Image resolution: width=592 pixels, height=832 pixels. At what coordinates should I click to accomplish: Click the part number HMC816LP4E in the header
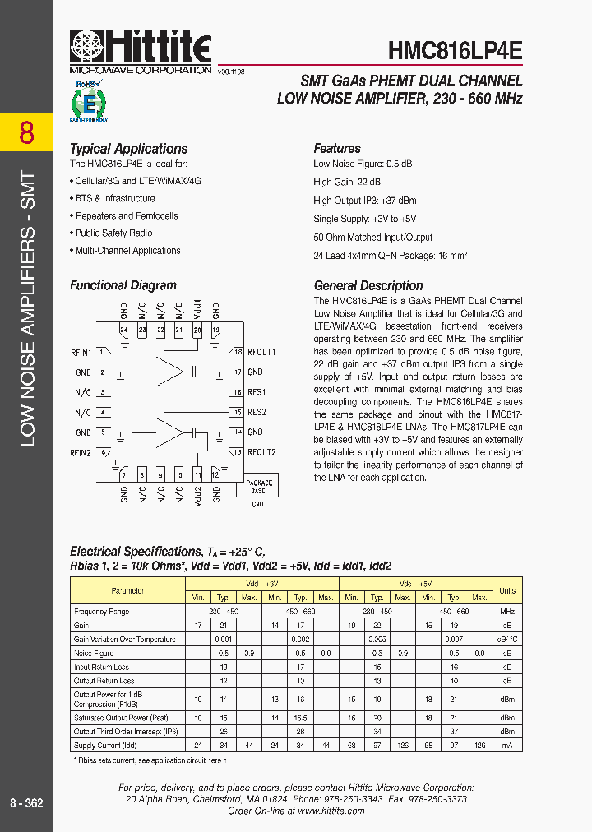coord(455,50)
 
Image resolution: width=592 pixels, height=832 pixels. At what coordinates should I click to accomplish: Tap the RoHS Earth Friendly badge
coord(90,101)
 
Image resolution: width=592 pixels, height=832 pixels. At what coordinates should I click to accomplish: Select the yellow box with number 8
coord(26,132)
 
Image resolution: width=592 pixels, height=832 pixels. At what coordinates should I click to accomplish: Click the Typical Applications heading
coord(128,149)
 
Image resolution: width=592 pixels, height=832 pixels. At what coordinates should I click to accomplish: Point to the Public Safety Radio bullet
coord(116,233)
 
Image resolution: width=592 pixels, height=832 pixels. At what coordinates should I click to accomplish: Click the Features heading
coord(337,149)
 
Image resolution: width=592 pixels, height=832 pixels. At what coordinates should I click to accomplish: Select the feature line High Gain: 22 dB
coord(347,182)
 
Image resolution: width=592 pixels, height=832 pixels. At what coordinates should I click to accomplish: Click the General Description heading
coord(368,286)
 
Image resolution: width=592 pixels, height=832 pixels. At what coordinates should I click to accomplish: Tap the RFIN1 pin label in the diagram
coord(81,353)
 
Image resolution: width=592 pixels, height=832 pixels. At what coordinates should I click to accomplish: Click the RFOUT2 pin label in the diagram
coord(261,452)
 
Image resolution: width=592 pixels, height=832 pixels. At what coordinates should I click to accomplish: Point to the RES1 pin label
coord(257,393)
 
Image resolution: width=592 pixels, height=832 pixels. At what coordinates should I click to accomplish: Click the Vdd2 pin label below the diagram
coord(197,494)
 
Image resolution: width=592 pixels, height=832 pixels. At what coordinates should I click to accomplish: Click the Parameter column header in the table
coord(127,590)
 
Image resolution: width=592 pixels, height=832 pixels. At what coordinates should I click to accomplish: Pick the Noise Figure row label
coord(95,653)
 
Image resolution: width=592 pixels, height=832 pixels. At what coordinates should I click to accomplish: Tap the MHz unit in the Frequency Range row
coord(507,612)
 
